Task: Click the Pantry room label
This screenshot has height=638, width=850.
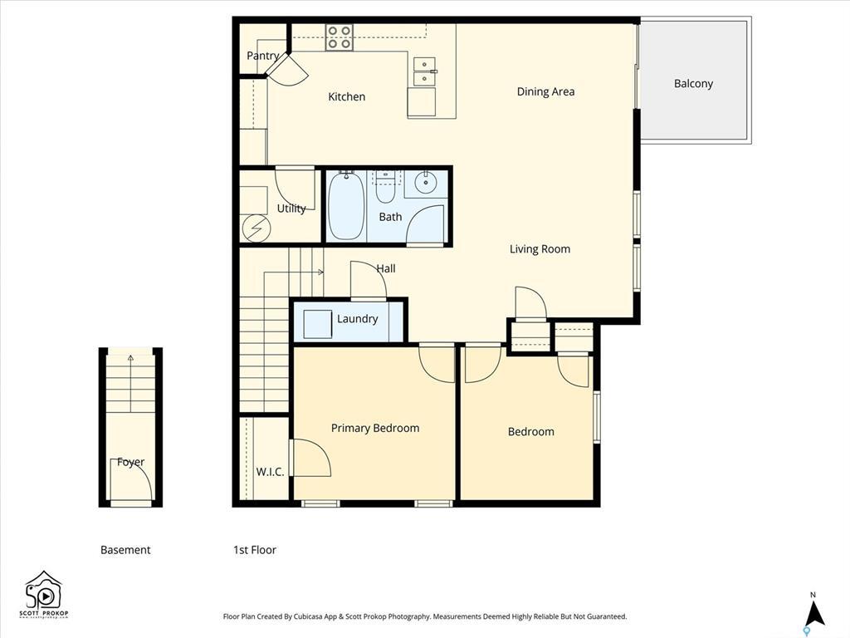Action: pos(262,56)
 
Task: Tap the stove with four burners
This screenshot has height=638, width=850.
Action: pos(339,37)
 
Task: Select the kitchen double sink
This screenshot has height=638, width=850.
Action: pos(424,71)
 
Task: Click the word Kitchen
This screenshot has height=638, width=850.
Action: pos(346,97)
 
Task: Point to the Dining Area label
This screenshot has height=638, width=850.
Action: pos(545,91)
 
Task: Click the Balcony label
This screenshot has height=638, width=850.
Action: pos(693,83)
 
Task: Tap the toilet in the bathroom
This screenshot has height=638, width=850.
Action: pos(385,189)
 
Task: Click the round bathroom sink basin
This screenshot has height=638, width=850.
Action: pos(426,181)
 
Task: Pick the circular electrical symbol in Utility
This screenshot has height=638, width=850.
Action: pos(256,227)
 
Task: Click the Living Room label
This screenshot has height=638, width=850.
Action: pos(540,249)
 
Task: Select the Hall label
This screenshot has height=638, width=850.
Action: pos(386,268)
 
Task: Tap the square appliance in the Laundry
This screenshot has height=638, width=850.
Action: pos(317,323)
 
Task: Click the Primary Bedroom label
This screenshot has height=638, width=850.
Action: pos(374,428)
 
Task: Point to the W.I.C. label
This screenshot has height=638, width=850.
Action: pos(270,472)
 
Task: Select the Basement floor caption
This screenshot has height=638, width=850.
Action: pos(125,550)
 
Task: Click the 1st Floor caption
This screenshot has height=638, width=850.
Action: pos(254,550)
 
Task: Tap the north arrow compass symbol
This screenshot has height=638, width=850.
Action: pos(815,612)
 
